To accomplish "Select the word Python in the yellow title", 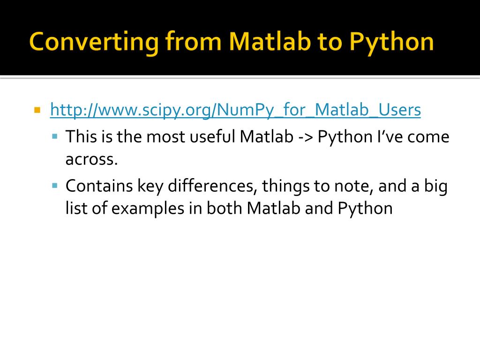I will [x=391, y=43].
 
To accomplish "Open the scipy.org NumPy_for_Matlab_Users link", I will [x=235, y=110].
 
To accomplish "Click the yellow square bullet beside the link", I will [x=37, y=110].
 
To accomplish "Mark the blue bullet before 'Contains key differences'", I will [x=55, y=186].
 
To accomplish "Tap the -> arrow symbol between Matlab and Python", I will [x=305, y=137].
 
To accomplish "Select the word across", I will [x=91, y=160].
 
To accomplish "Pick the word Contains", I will [x=99, y=186].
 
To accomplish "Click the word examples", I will [x=148, y=209].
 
